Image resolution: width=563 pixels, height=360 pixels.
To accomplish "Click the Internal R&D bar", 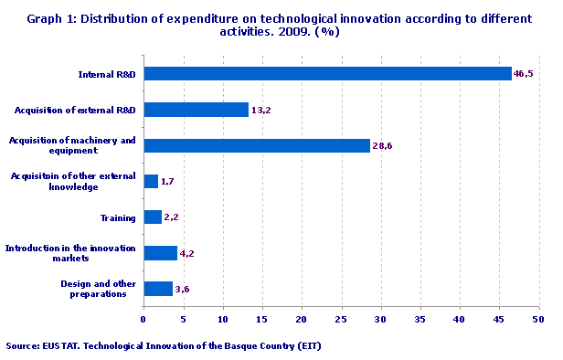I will pos(327,74).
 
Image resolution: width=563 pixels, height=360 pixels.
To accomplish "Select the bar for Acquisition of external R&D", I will pos(197,110).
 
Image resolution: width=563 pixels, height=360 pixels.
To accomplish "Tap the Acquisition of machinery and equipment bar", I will pos(257,145).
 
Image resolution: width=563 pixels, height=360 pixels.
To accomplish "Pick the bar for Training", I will pos(153,217).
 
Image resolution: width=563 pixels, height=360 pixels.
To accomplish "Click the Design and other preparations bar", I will pos(158,289).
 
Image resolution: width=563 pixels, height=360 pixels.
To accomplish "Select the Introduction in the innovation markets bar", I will pos(161,253).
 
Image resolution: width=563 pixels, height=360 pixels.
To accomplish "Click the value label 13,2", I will pos(261,110).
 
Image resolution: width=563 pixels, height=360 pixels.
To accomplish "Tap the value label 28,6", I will pos(383,146).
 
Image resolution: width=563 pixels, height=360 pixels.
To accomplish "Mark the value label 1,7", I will pos(167,182).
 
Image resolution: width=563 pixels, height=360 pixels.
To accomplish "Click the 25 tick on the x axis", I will pos(341,320).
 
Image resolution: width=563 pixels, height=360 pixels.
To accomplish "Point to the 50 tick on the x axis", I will pos(538,320).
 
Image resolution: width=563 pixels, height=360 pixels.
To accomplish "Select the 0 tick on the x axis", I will pos(143,320).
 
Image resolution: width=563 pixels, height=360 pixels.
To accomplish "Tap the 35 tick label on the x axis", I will pos(420,320).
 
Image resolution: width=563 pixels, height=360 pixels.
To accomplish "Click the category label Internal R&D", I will pos(107,74).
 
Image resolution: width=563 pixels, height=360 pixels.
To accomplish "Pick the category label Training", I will pos(118,217).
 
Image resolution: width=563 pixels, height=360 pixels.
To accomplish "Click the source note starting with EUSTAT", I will pos(164,346).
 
